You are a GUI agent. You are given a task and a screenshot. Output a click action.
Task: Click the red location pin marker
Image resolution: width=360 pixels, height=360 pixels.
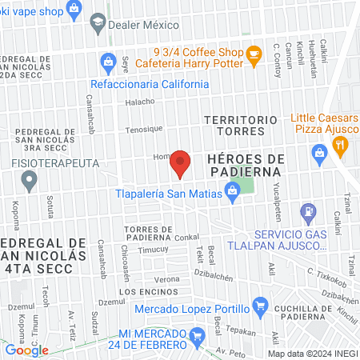[181, 164]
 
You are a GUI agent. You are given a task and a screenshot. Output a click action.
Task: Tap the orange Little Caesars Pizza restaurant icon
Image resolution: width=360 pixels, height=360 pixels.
[341, 146]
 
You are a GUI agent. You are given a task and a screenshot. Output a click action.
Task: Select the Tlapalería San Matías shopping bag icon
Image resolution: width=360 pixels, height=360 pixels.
[232, 190]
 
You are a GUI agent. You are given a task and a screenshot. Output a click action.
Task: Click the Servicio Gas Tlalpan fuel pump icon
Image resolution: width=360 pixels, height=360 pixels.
[307, 214]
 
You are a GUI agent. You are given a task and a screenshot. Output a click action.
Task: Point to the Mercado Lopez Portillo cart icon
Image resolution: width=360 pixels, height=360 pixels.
[259, 306]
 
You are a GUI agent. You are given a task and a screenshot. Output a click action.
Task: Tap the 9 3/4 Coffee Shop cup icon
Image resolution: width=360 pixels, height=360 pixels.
[254, 55]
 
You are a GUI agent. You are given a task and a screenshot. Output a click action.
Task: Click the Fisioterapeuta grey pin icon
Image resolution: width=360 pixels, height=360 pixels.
[30, 182]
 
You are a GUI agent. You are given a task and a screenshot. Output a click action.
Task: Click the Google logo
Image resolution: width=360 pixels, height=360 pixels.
[26, 350]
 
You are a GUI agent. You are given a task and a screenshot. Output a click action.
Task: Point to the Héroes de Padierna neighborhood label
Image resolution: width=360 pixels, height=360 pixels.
[246, 164]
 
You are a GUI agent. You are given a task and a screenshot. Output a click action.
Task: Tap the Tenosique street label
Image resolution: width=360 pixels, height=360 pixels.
[144, 129]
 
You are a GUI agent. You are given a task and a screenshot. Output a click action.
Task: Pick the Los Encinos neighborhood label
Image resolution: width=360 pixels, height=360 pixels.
[142, 293]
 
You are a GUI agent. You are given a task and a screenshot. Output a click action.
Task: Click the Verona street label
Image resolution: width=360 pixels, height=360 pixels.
[167, 278]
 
